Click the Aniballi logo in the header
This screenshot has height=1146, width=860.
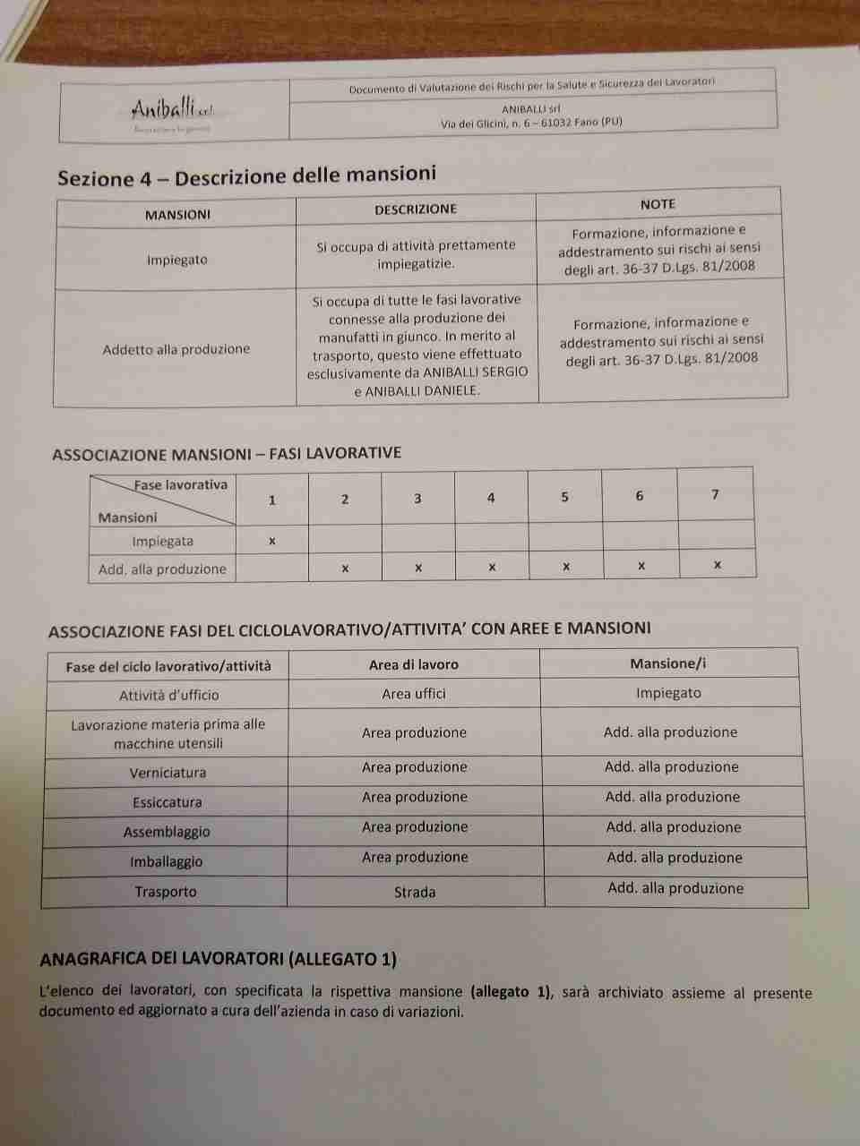pyautogui.click(x=171, y=111)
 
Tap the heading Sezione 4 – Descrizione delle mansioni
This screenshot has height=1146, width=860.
pyautogui.click(x=246, y=175)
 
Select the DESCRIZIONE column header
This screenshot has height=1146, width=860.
pyautogui.click(x=416, y=210)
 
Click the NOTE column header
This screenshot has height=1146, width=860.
pyautogui.click(x=658, y=204)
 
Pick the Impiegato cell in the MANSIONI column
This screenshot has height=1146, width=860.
pyautogui.click(x=177, y=260)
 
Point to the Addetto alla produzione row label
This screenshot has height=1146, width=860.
pyautogui.click(x=176, y=349)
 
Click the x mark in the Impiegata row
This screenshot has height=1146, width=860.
pyautogui.click(x=272, y=541)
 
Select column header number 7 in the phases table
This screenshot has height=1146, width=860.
pyautogui.click(x=715, y=494)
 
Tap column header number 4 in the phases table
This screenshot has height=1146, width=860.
pyautogui.click(x=491, y=498)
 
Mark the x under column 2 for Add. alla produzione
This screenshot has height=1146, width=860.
pyautogui.click(x=345, y=569)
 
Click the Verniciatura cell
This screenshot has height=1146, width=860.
pyautogui.click(x=168, y=773)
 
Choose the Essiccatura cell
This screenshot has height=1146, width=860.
pyautogui.click(x=168, y=802)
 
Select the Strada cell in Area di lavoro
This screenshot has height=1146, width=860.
pyautogui.click(x=415, y=892)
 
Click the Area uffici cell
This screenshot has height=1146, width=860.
pyautogui.click(x=414, y=694)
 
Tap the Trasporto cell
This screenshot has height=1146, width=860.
pyautogui.click(x=166, y=892)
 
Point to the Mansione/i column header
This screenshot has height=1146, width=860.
pyautogui.click(x=668, y=663)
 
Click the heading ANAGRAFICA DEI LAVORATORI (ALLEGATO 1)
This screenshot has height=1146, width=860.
pyautogui.click(x=219, y=959)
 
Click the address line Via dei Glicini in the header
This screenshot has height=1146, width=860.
pyautogui.click(x=531, y=123)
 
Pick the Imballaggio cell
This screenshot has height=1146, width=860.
pyautogui.click(x=167, y=862)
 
